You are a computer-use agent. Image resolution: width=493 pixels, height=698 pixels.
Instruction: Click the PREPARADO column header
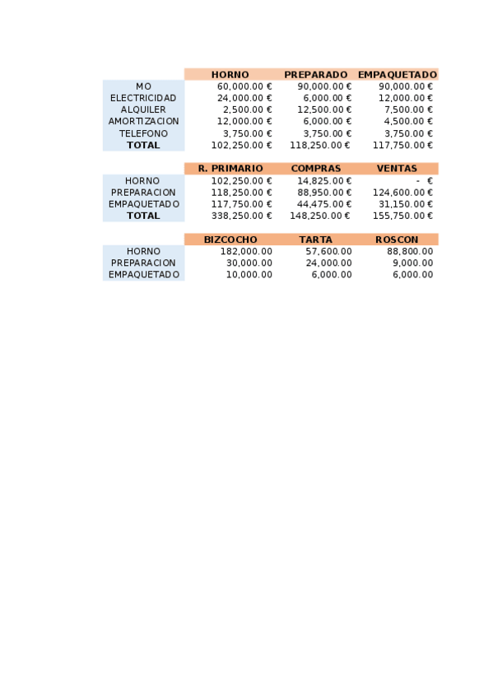point(315,74)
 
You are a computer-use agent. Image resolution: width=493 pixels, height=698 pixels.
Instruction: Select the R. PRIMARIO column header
point(230,169)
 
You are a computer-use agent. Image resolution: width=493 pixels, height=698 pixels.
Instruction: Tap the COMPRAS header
point(315,169)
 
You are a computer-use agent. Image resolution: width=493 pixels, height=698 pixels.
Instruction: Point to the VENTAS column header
point(397,169)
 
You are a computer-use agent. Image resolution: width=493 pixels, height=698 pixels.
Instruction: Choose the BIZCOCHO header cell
point(230,240)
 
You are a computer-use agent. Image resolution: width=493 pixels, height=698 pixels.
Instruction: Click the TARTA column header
point(315,240)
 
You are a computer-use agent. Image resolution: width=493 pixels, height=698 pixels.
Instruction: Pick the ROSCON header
point(397,240)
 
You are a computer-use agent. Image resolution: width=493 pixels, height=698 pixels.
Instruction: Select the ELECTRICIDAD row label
point(143,98)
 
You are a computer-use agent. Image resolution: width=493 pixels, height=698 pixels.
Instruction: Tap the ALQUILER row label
point(143,109)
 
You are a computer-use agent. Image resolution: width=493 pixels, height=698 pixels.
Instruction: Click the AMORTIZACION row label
point(143,121)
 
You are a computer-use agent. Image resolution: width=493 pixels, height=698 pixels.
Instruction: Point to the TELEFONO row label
point(143,133)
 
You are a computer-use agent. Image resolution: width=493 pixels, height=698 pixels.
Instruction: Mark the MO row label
point(143,86)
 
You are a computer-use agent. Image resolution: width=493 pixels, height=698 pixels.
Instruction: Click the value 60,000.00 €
point(244,86)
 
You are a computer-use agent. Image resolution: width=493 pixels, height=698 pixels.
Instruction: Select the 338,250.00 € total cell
point(242,216)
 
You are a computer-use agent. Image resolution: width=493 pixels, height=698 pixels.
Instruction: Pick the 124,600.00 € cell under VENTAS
point(403,193)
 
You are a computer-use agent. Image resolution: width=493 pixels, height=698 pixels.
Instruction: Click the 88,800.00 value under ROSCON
point(410,251)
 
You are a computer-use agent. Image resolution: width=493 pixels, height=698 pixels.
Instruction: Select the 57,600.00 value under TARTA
point(328,251)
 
